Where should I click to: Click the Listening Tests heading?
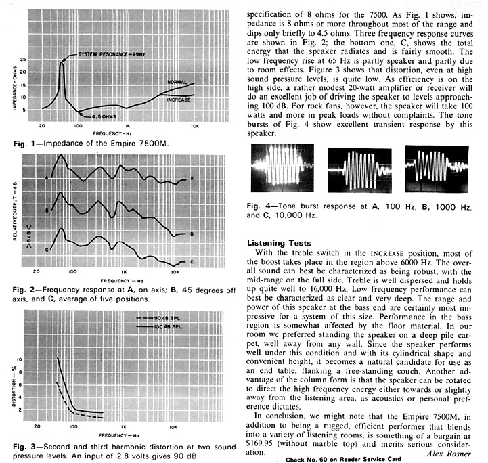pos(279,242)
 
